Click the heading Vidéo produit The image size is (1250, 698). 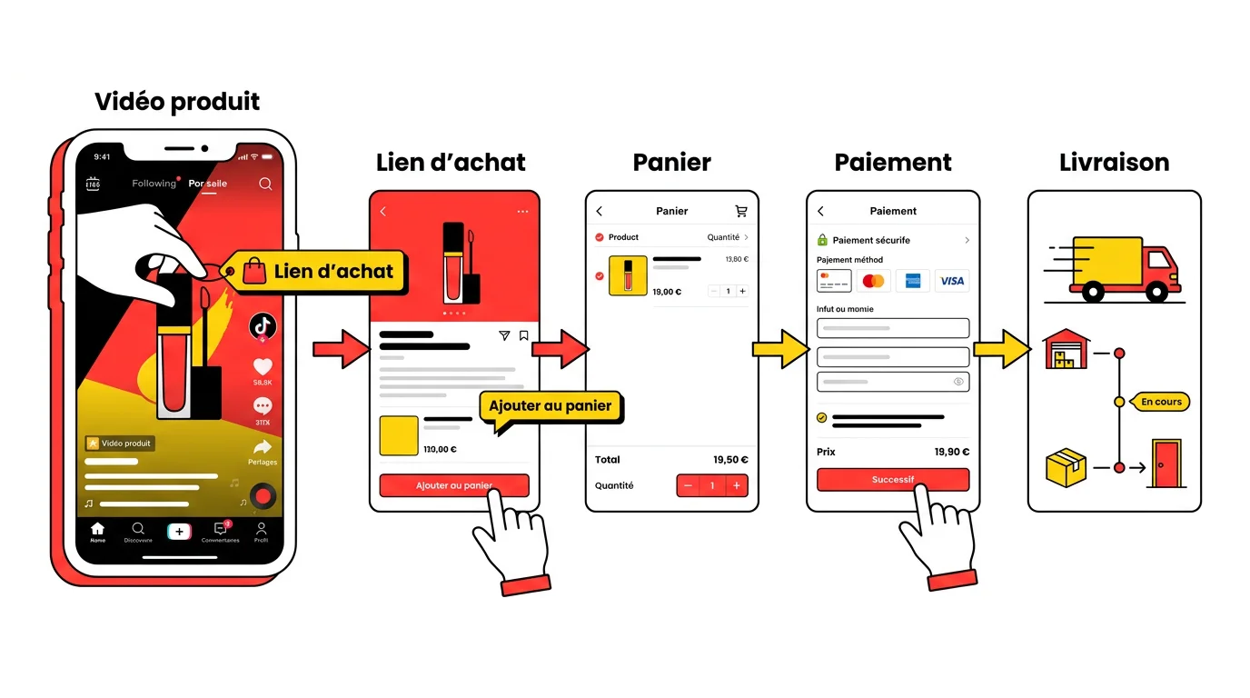pyautogui.click(x=177, y=101)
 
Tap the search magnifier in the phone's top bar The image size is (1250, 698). pyautogui.click(x=265, y=184)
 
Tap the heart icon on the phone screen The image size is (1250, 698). pyautogui.click(x=263, y=367)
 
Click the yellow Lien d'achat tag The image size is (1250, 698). pyautogui.click(x=318, y=271)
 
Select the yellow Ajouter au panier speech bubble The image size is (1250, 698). pyautogui.click(x=551, y=405)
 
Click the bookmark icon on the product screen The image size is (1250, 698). pyautogui.click(x=524, y=336)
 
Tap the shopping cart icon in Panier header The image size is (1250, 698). pyautogui.click(x=741, y=211)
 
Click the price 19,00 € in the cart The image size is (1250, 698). pyautogui.click(x=666, y=292)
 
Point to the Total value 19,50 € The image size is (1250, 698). pyautogui.click(x=731, y=460)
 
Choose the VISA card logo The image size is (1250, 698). pyautogui.click(x=952, y=281)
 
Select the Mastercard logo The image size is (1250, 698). pyautogui.click(x=873, y=281)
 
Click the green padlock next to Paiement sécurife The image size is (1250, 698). pyautogui.click(x=822, y=240)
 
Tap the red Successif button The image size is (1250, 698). pyautogui.click(x=892, y=479)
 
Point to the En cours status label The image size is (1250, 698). pyautogui.click(x=1161, y=402)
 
